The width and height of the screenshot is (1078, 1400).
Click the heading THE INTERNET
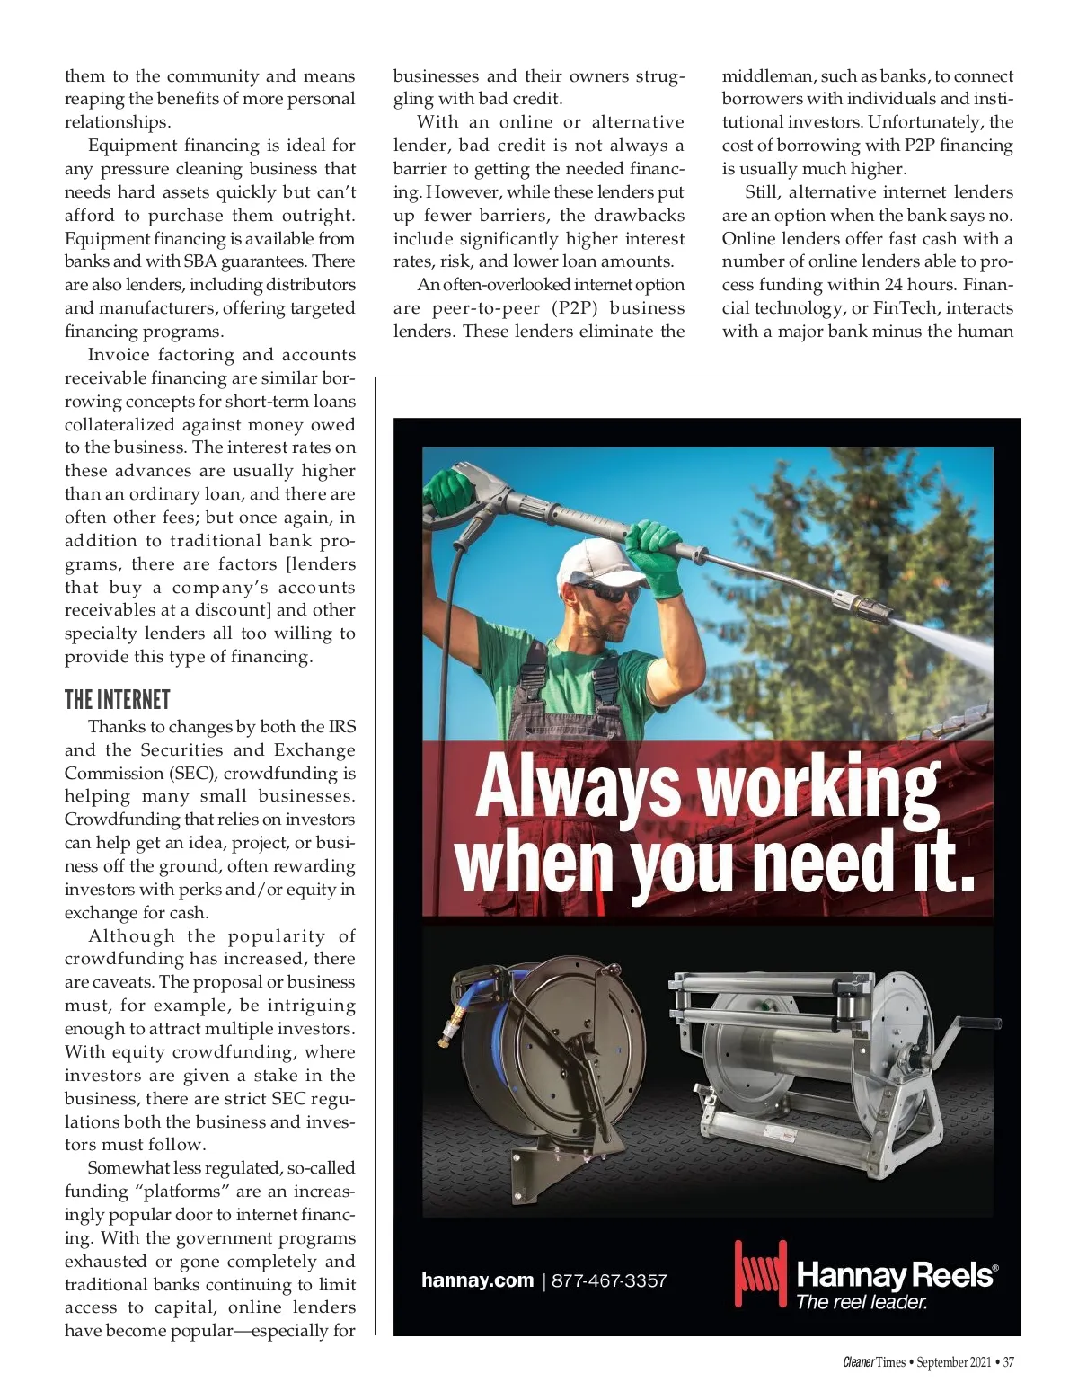pyautogui.click(x=117, y=700)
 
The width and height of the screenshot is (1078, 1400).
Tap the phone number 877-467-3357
pyautogui.click(x=609, y=1280)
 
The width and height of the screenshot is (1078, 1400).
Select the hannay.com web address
pyautogui.click(x=477, y=1280)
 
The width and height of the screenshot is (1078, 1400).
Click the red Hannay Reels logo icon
pyautogui.click(x=760, y=1273)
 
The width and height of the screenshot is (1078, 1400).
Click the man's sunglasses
pyautogui.click(x=607, y=592)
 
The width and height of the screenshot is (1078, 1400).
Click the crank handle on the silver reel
pyautogui.click(x=975, y=1023)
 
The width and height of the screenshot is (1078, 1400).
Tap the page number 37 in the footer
pyautogui.click(x=1008, y=1362)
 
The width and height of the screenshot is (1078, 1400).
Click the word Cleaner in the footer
pyautogui.click(x=858, y=1362)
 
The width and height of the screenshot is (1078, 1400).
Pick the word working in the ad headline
pyautogui.click(x=818, y=787)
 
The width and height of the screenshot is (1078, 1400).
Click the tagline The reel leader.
pyautogui.click(x=861, y=1301)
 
